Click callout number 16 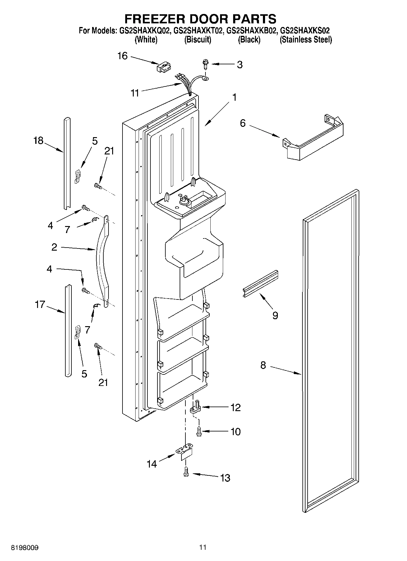[x=122, y=56]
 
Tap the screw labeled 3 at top [x=205, y=64]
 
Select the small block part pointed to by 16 [x=164, y=67]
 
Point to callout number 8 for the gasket [x=263, y=365]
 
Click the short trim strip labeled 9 [x=260, y=283]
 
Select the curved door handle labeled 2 [x=102, y=261]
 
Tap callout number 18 [x=39, y=140]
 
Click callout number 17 [x=40, y=304]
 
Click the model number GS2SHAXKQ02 [x=144, y=31]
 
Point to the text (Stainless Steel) [x=306, y=40]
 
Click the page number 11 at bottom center [x=203, y=547]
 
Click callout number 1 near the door [x=234, y=97]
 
